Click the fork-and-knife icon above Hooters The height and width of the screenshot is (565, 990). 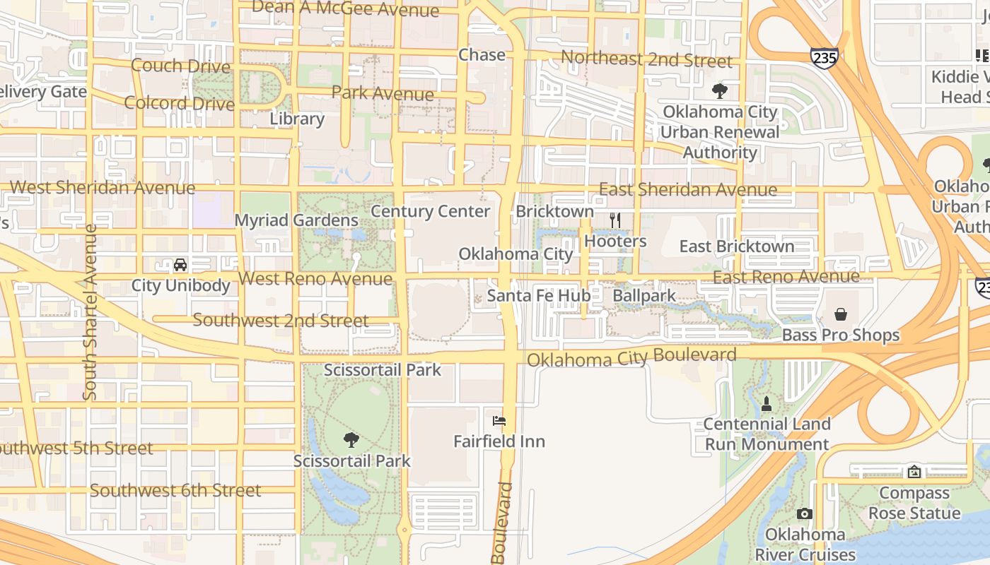pos(615,220)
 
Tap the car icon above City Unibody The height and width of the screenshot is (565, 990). pos(180,265)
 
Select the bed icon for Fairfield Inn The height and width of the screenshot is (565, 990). pos(499,421)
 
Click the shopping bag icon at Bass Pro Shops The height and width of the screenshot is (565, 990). pos(840,314)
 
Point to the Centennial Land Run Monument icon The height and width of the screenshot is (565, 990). pos(767,404)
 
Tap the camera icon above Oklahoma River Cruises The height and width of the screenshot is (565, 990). pos(804,513)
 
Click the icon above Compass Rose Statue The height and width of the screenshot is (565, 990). pos(914,472)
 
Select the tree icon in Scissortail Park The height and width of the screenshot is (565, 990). pos(351,440)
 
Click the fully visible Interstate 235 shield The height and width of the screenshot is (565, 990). pos(825,58)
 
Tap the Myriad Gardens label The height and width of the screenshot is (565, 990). pos(296,220)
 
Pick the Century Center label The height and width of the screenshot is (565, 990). pos(430,211)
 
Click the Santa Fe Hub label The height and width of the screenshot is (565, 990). pos(539,295)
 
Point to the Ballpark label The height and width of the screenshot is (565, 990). pos(644,295)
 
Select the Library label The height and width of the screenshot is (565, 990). pos(297,119)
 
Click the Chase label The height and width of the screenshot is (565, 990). pos(482,55)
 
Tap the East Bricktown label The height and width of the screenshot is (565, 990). pos(737,246)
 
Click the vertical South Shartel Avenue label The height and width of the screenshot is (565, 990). pos(90,312)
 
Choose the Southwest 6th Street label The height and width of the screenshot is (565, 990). pos(175,490)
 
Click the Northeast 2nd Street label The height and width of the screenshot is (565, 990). pos(646,59)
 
